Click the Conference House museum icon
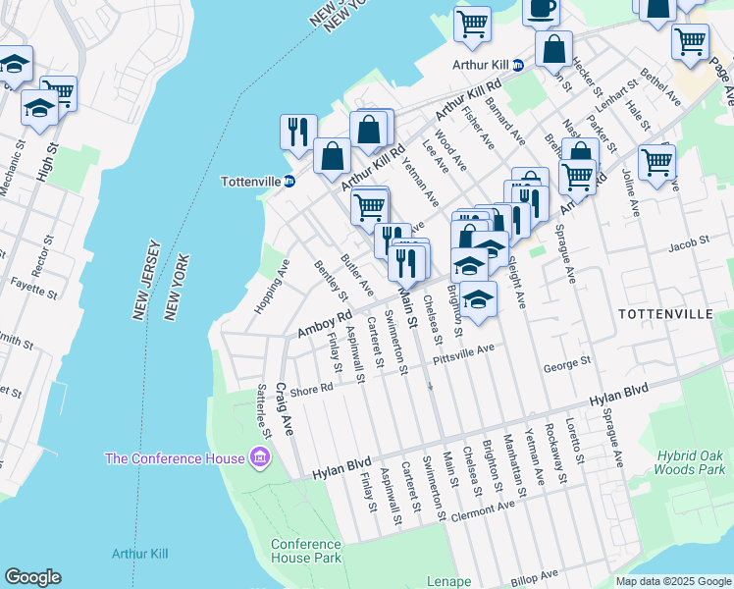pyautogui.click(x=260, y=457)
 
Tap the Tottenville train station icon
pyautogui.click(x=289, y=182)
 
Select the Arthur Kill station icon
pyautogui.click(x=518, y=65)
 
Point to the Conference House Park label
pyautogui.click(x=306, y=551)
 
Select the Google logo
pyautogui.click(x=32, y=577)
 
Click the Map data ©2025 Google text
pyautogui.click(x=672, y=580)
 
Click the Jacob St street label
pyautogui.click(x=690, y=242)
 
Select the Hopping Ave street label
pyautogui.click(x=272, y=287)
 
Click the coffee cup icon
pyautogui.click(x=541, y=9)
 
